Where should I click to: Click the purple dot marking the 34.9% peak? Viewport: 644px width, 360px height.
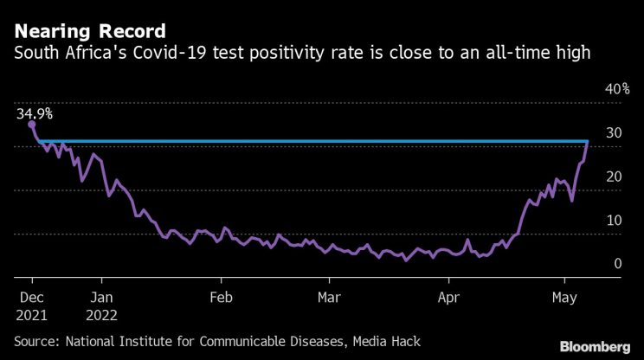tap(32, 125)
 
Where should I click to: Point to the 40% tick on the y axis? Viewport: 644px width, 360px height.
tap(616, 89)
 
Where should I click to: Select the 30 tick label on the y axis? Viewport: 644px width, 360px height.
tap(614, 132)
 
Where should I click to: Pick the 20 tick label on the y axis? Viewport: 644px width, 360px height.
tap(614, 176)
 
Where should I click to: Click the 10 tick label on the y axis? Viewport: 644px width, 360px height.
tap(614, 220)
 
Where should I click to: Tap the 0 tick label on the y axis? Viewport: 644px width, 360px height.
tap(618, 263)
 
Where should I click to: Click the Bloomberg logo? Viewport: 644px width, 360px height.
tap(595, 344)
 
